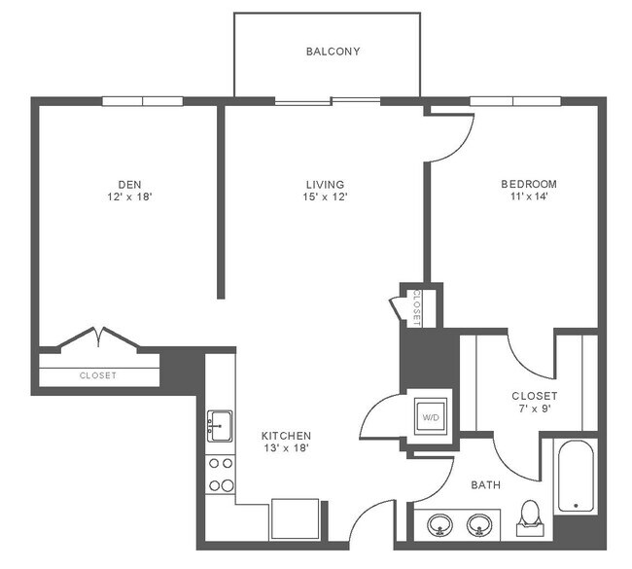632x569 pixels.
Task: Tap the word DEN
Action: [129, 184]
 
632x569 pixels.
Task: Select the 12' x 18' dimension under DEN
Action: [129, 197]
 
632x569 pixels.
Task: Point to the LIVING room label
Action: [325, 184]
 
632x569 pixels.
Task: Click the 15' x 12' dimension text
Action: [325, 197]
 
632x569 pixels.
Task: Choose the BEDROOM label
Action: [529, 184]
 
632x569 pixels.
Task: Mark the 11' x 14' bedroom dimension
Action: [529, 197]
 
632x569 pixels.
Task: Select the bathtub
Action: [576, 476]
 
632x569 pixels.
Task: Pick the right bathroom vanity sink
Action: [478, 525]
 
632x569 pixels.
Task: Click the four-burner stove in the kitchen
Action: [221, 475]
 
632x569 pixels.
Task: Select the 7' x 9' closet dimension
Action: [534, 410]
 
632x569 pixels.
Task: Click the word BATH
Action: [485, 484]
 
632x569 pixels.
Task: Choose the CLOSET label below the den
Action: [97, 375]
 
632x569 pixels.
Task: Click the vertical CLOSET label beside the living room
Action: [415, 306]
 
